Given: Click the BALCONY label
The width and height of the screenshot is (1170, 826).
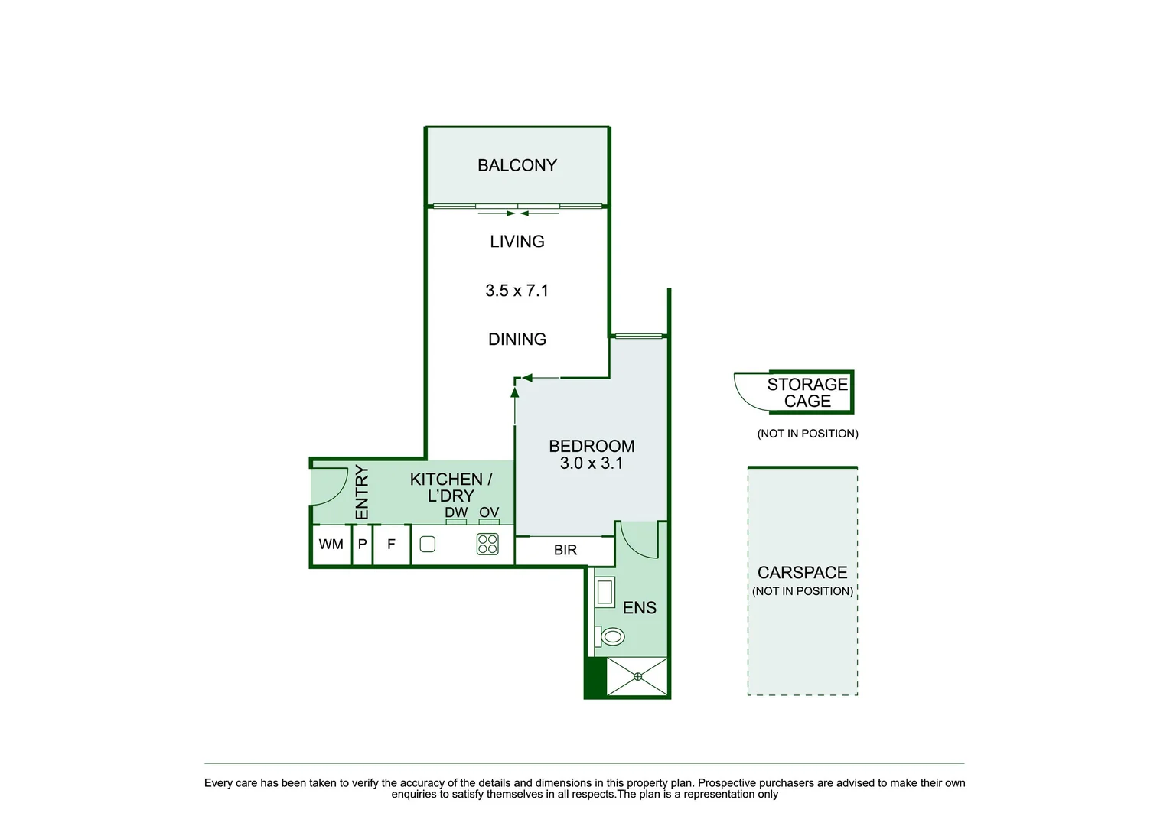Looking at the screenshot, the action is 517,165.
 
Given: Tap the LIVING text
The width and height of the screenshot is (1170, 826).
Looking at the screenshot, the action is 517,241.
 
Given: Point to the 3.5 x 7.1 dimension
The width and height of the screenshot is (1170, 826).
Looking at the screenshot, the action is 517,291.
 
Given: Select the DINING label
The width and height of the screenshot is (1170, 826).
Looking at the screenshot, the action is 517,340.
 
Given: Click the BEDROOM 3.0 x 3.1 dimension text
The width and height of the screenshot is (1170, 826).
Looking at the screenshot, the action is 592,463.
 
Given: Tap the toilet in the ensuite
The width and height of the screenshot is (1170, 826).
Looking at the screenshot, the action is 610,636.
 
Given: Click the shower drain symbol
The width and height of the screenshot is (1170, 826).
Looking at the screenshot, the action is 637,677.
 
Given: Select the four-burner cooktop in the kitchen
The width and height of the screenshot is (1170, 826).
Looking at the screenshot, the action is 487,544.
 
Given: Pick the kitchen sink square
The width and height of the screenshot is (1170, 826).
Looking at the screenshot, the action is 428,544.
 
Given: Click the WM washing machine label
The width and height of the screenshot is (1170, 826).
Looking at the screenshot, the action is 331,544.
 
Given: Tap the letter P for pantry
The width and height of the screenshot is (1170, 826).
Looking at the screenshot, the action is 363,544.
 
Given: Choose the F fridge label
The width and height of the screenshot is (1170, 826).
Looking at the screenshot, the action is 391,545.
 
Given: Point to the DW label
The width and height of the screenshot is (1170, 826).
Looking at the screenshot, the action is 456,512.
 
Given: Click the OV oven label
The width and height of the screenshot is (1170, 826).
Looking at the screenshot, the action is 489,512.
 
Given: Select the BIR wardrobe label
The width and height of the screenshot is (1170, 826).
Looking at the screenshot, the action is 565,550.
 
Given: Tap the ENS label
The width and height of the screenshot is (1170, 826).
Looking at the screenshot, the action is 640,608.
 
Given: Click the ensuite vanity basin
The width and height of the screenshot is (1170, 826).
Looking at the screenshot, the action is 605,592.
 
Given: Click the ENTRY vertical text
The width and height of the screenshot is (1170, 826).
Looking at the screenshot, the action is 362,493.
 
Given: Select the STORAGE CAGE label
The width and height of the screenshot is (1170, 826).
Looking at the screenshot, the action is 807,392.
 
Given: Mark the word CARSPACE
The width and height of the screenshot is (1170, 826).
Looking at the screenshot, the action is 803,573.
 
